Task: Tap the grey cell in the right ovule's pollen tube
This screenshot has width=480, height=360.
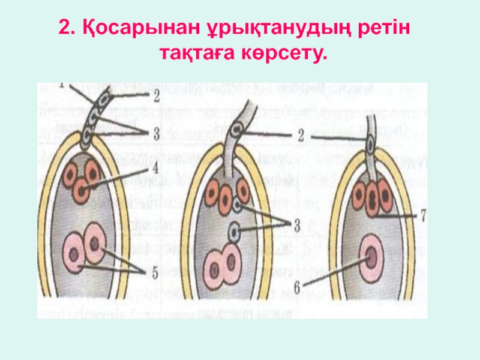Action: tap(371, 146)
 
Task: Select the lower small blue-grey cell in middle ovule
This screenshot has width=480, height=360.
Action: tap(236, 230)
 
